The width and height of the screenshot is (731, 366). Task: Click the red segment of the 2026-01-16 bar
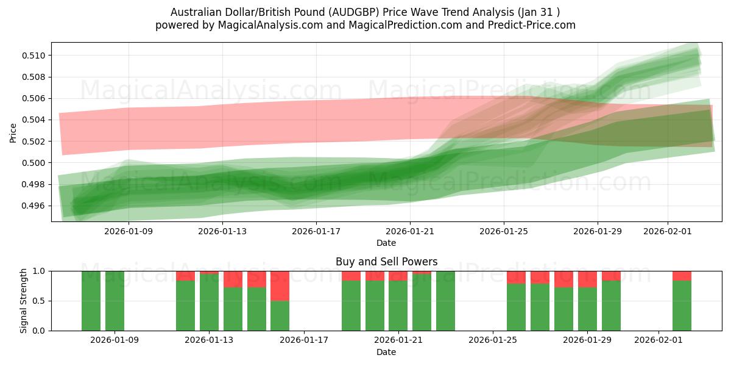280,285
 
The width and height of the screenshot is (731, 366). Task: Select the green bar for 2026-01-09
115,300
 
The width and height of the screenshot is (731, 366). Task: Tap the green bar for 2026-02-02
682,306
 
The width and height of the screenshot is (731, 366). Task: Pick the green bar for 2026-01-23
445,300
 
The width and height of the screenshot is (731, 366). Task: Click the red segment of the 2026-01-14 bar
233,279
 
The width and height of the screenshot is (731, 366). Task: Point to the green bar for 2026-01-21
398,306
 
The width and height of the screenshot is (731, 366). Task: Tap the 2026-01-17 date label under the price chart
316,232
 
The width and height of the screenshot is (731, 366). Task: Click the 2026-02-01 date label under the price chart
668,232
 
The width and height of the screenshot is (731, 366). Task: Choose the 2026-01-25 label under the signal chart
492,340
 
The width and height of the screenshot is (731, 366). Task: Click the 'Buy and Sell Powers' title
386,262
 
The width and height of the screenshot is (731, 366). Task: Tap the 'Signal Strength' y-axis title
24,301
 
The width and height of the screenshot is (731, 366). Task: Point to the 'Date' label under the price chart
386,243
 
